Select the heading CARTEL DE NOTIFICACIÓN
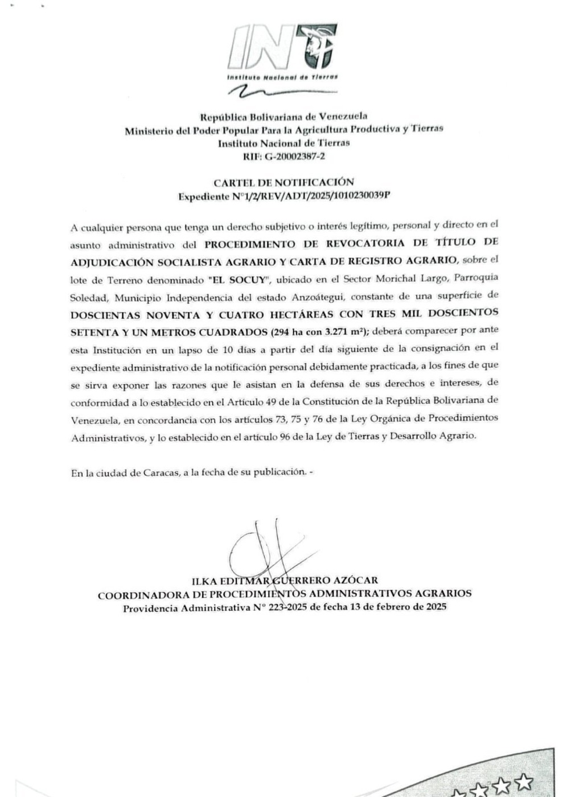click(x=283, y=183)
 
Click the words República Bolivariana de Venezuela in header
click(x=283, y=117)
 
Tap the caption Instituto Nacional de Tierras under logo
click(x=282, y=77)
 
